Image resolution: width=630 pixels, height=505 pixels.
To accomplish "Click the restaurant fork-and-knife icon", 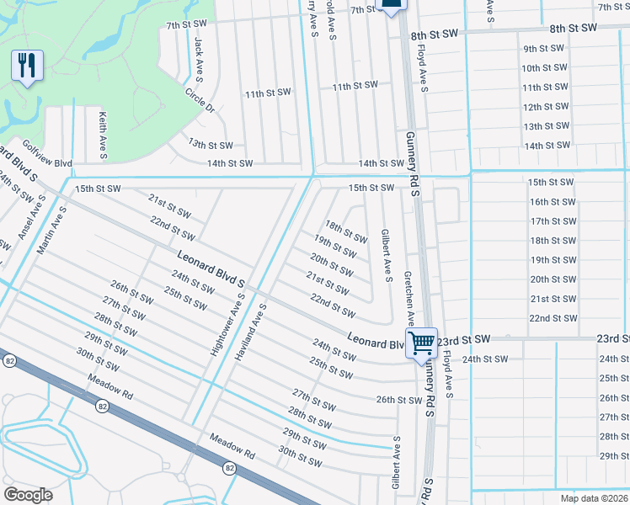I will click(27, 65).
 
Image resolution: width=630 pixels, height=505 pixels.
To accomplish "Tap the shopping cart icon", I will click(421, 342).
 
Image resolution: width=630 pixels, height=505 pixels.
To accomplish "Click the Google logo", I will click(29, 494).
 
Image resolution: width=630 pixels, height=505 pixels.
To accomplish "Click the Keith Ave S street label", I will click(103, 136).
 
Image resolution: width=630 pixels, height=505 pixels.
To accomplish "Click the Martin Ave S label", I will click(51, 231).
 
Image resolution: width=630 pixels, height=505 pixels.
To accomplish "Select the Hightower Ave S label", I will click(229, 324).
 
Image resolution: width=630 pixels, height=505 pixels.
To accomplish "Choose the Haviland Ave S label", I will click(250, 332).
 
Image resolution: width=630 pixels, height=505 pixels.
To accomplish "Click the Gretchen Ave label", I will click(408, 298).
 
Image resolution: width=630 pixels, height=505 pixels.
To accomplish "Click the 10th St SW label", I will click(543, 68).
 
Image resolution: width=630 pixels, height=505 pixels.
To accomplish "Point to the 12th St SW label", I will click(545, 107).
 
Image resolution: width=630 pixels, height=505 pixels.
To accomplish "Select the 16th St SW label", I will click(553, 202).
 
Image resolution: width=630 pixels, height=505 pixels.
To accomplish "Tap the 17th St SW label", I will click(553, 221).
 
